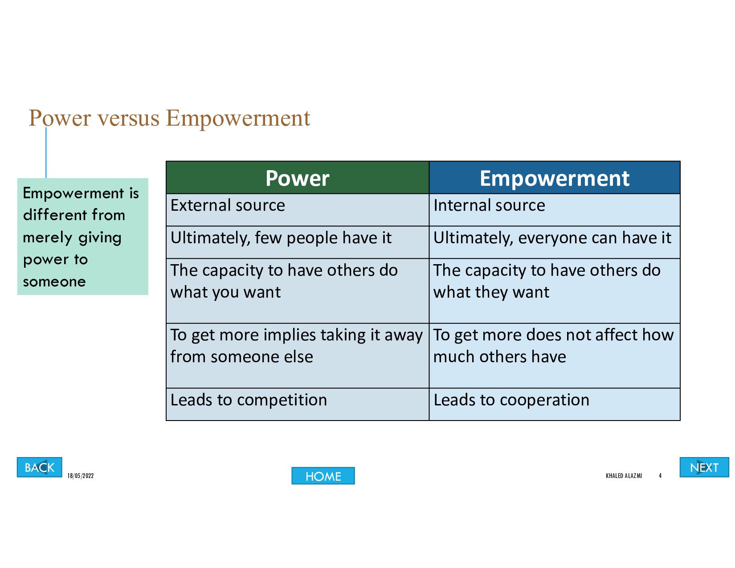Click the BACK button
tap(39, 467)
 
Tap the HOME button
tap(323, 476)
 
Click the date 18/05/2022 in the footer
tap(81, 476)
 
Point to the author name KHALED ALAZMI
tap(624, 476)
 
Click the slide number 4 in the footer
tap(660, 476)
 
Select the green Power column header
tap(297, 178)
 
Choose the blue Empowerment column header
tap(555, 178)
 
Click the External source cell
tap(297, 210)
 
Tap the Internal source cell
tap(555, 210)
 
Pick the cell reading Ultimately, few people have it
tap(297, 242)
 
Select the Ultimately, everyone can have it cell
tap(555, 242)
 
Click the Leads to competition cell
tap(297, 404)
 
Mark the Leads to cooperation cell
tap(555, 404)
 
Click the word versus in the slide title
tap(129, 118)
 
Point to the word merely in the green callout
tap(47, 238)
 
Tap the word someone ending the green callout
tap(54, 282)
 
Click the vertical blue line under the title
tap(46, 152)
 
